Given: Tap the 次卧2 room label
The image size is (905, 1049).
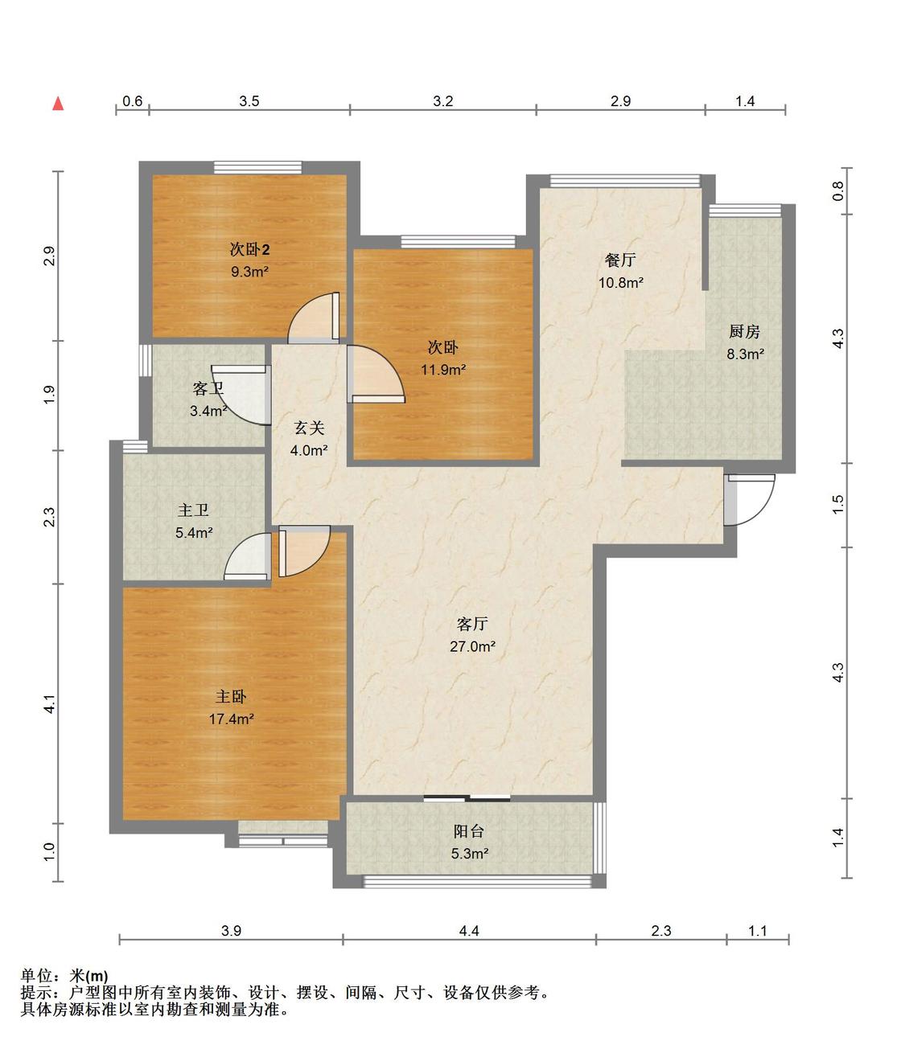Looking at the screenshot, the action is click(x=249, y=249).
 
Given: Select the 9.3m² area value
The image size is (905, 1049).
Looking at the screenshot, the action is click(x=249, y=272).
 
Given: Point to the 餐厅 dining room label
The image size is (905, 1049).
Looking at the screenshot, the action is click(x=620, y=260).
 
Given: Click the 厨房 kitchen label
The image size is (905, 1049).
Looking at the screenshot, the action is click(x=745, y=331).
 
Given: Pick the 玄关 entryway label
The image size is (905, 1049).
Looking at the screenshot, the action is click(x=309, y=428).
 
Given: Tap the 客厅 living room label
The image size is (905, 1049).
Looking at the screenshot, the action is click(x=471, y=624).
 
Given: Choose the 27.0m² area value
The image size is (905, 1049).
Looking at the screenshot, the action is click(x=472, y=646).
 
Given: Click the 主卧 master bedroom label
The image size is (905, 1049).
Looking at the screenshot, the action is click(x=231, y=697).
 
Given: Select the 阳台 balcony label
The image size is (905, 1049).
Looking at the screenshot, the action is click(x=469, y=831).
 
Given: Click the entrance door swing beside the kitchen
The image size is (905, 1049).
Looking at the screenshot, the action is click(x=751, y=500).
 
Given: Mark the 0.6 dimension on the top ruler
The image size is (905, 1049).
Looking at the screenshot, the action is click(x=133, y=101).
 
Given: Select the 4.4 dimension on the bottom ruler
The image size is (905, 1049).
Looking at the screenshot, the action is click(x=469, y=931).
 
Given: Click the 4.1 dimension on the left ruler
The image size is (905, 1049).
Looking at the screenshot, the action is click(x=49, y=704).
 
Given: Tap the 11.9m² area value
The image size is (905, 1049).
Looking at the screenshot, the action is click(x=443, y=370).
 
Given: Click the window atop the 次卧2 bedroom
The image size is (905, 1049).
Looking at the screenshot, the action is click(x=257, y=167).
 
